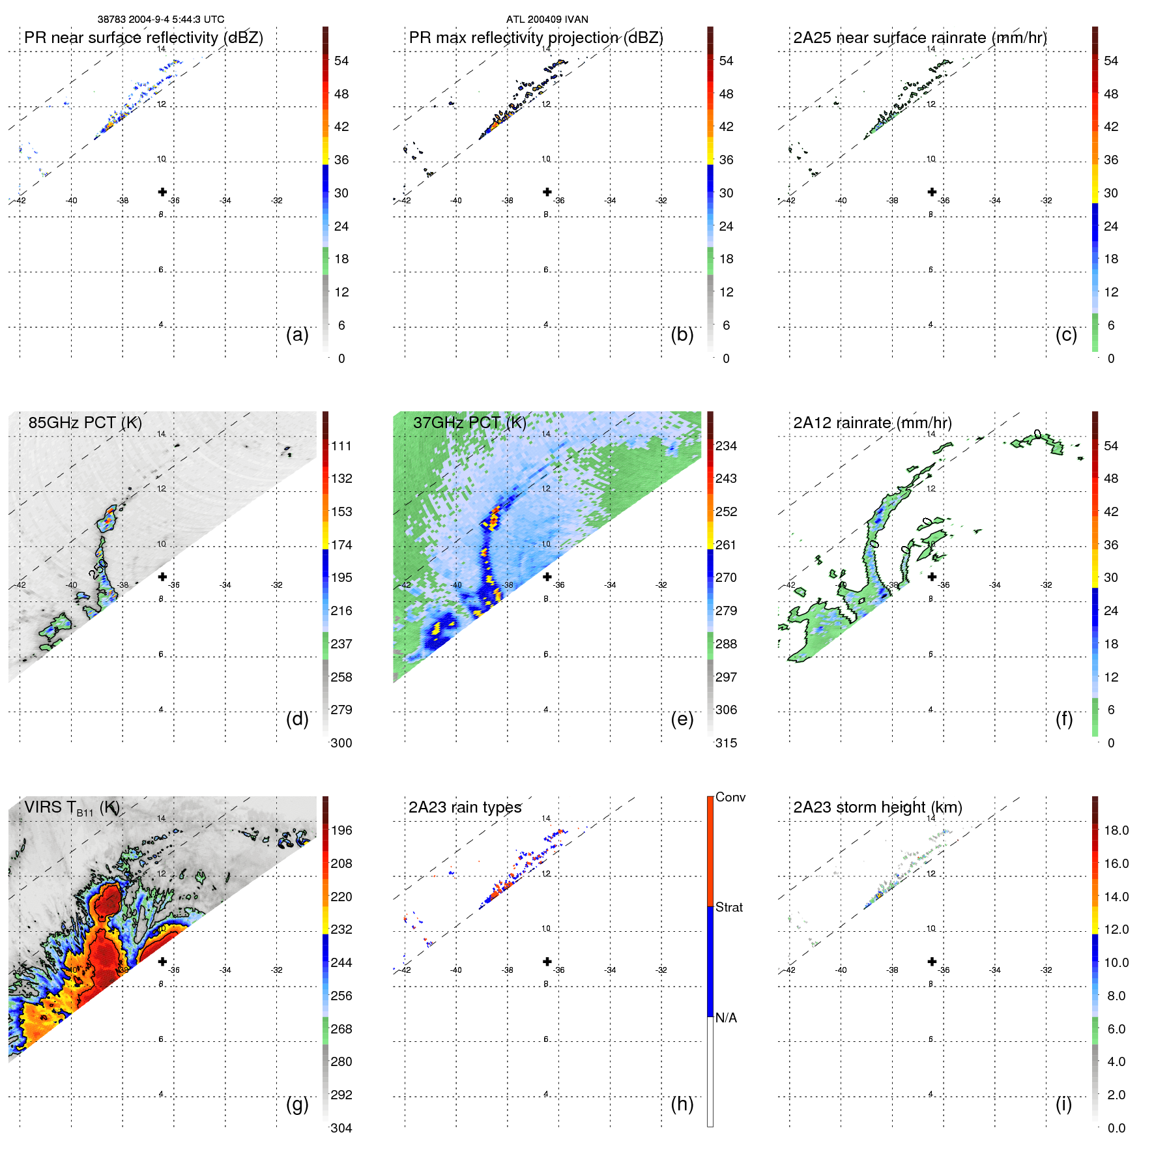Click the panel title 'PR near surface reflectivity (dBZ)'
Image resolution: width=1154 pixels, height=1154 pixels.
tap(143, 38)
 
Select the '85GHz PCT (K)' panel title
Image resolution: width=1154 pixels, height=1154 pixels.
tap(85, 422)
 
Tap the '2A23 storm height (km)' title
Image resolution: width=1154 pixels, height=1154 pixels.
tap(877, 807)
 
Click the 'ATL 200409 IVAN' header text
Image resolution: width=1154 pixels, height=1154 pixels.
tap(547, 20)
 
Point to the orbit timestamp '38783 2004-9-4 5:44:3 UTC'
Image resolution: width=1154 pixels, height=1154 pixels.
tap(161, 20)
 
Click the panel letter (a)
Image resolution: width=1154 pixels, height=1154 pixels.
tap(297, 335)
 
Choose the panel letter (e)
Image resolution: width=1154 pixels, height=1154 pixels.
tap(682, 719)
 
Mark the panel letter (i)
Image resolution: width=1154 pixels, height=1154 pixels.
tap(1063, 1104)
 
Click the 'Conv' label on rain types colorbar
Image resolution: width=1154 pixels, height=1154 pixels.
tap(730, 797)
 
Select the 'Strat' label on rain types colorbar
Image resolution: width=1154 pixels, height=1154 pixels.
tap(729, 907)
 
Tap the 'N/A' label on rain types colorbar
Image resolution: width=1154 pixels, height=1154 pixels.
tap(726, 1018)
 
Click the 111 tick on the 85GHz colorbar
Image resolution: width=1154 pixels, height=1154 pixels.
tap(341, 446)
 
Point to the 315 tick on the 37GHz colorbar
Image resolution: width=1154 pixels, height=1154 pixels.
tap(726, 743)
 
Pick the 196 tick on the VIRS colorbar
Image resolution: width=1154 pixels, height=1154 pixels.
tap(341, 830)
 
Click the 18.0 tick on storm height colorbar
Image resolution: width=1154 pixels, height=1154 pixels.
tap(1116, 830)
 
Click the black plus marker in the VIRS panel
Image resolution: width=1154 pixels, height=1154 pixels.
tap(162, 962)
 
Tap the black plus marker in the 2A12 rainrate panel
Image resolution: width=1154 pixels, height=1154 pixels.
tap(932, 577)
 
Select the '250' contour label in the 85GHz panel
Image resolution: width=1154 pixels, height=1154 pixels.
tap(98, 569)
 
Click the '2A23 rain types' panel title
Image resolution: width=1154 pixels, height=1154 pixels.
tap(465, 807)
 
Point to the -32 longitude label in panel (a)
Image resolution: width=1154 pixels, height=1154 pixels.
tap(277, 201)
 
